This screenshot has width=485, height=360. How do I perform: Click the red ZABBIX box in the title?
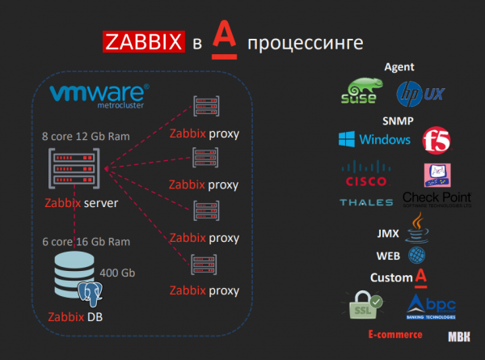click(x=141, y=42)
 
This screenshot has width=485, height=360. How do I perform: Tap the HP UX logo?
click(x=420, y=94)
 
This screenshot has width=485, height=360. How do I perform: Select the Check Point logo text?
click(x=436, y=199)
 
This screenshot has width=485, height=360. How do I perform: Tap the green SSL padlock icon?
click(x=363, y=307)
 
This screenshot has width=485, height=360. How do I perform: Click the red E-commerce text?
click(x=394, y=334)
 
